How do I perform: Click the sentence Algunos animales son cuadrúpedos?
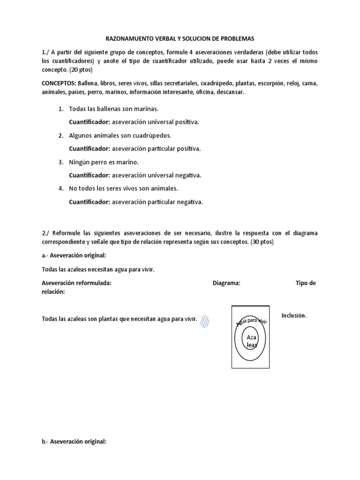(120, 135)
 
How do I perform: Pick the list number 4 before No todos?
(61, 188)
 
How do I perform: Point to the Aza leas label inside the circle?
(249, 341)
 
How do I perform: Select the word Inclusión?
(294, 315)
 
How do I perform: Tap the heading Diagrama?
(226, 283)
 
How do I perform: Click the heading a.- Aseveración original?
(74, 255)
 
